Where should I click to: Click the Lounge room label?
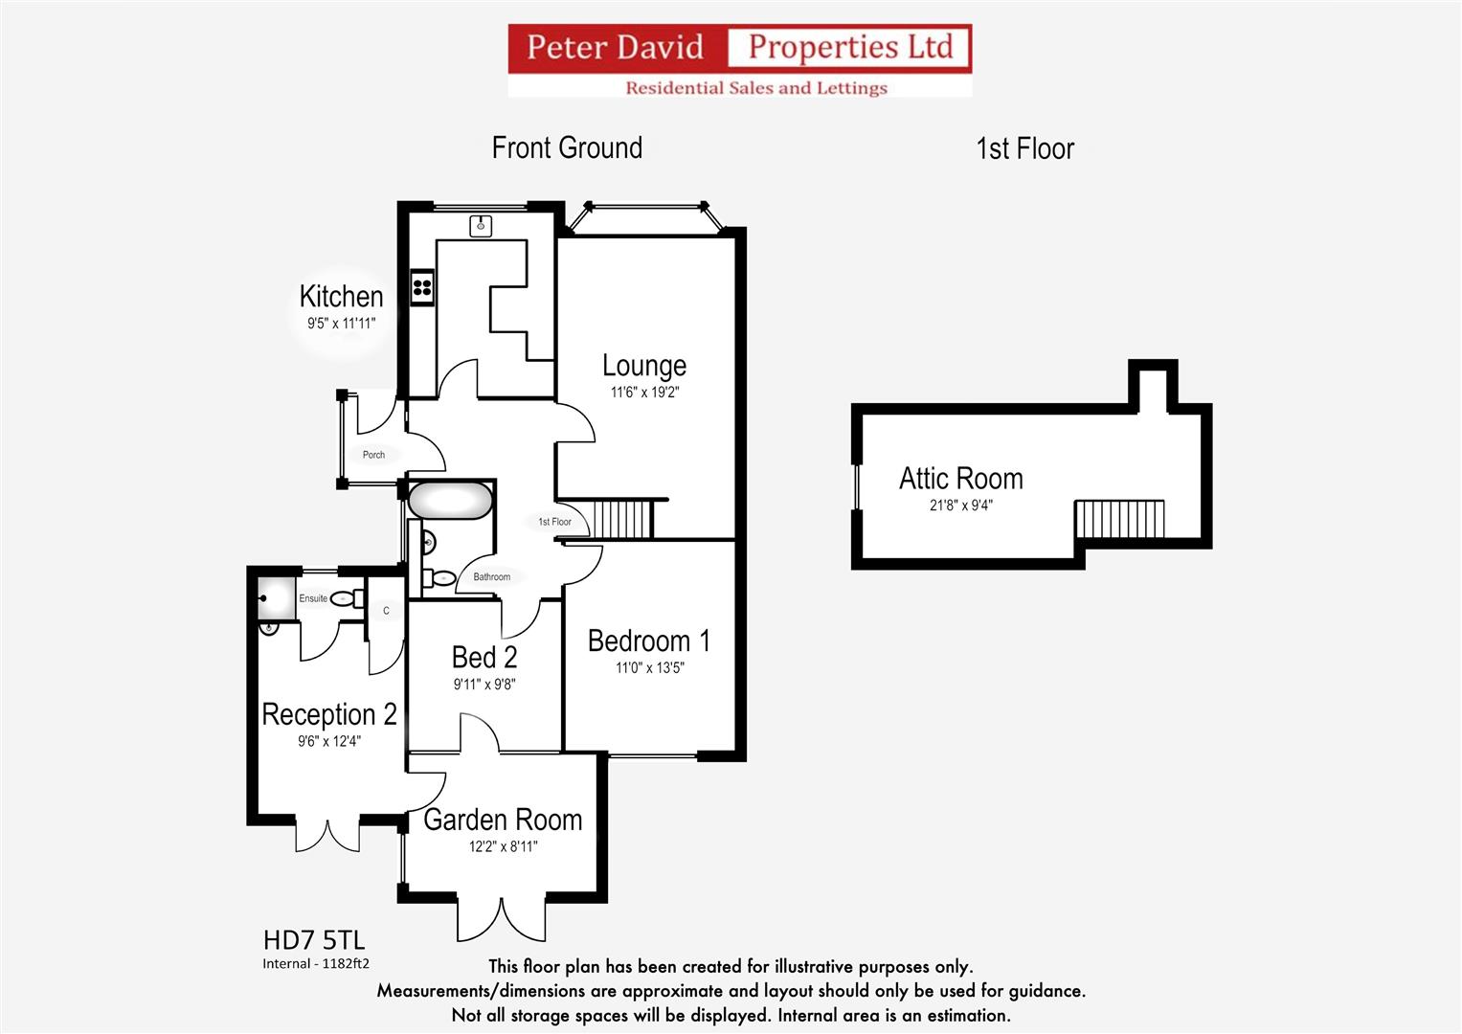click(644, 366)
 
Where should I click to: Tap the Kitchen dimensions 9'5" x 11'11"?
click(342, 324)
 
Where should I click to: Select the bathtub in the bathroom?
click(450, 501)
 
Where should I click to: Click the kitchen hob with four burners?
click(422, 287)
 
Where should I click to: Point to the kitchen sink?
click(481, 226)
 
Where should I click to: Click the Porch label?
click(374, 455)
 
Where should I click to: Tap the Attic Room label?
click(960, 479)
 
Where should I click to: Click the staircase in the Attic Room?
click(1119, 519)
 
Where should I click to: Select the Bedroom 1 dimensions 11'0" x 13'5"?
click(649, 668)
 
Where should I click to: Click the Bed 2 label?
click(484, 658)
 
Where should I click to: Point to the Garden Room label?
click(503, 820)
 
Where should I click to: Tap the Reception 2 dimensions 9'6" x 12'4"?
click(329, 741)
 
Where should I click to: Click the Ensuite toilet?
click(347, 598)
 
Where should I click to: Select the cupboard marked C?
click(386, 611)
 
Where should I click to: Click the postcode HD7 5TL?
click(314, 940)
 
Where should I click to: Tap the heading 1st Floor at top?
click(1024, 148)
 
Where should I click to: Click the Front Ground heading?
click(567, 147)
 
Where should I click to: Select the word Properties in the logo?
click(823, 47)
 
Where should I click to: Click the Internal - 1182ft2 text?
click(316, 963)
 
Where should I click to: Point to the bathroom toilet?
click(439, 577)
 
